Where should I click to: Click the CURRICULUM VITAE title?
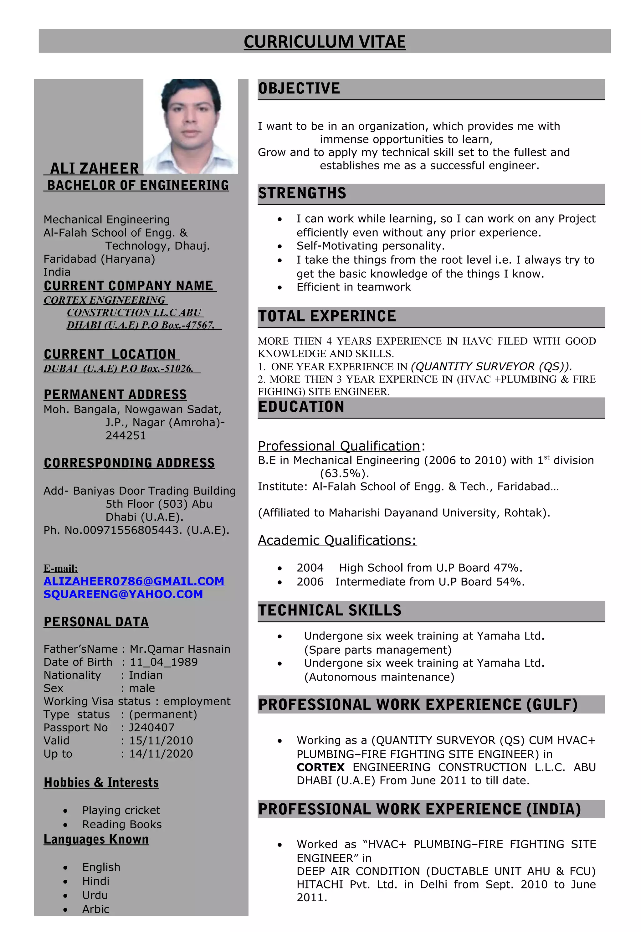click(x=325, y=42)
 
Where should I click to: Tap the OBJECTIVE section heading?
click(x=299, y=88)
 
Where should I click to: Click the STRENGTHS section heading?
click(x=302, y=193)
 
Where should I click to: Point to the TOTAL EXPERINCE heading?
click(x=327, y=316)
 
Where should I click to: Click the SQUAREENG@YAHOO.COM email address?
click(x=123, y=594)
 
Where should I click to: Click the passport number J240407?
click(x=151, y=728)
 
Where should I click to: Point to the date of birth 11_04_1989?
click(x=163, y=662)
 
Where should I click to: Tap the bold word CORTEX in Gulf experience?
click(x=320, y=767)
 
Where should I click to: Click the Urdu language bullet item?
click(x=95, y=895)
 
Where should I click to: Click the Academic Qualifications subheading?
click(x=337, y=540)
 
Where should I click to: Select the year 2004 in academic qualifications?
click(x=310, y=568)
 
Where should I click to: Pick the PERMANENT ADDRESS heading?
click(x=115, y=394)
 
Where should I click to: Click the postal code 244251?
click(x=126, y=435)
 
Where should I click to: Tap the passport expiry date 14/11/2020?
click(x=161, y=754)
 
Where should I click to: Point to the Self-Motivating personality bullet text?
click(x=370, y=246)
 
